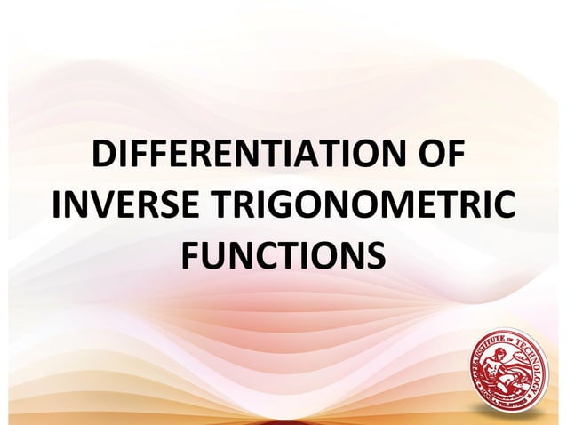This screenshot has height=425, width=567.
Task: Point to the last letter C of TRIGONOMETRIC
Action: coord(500,210)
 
